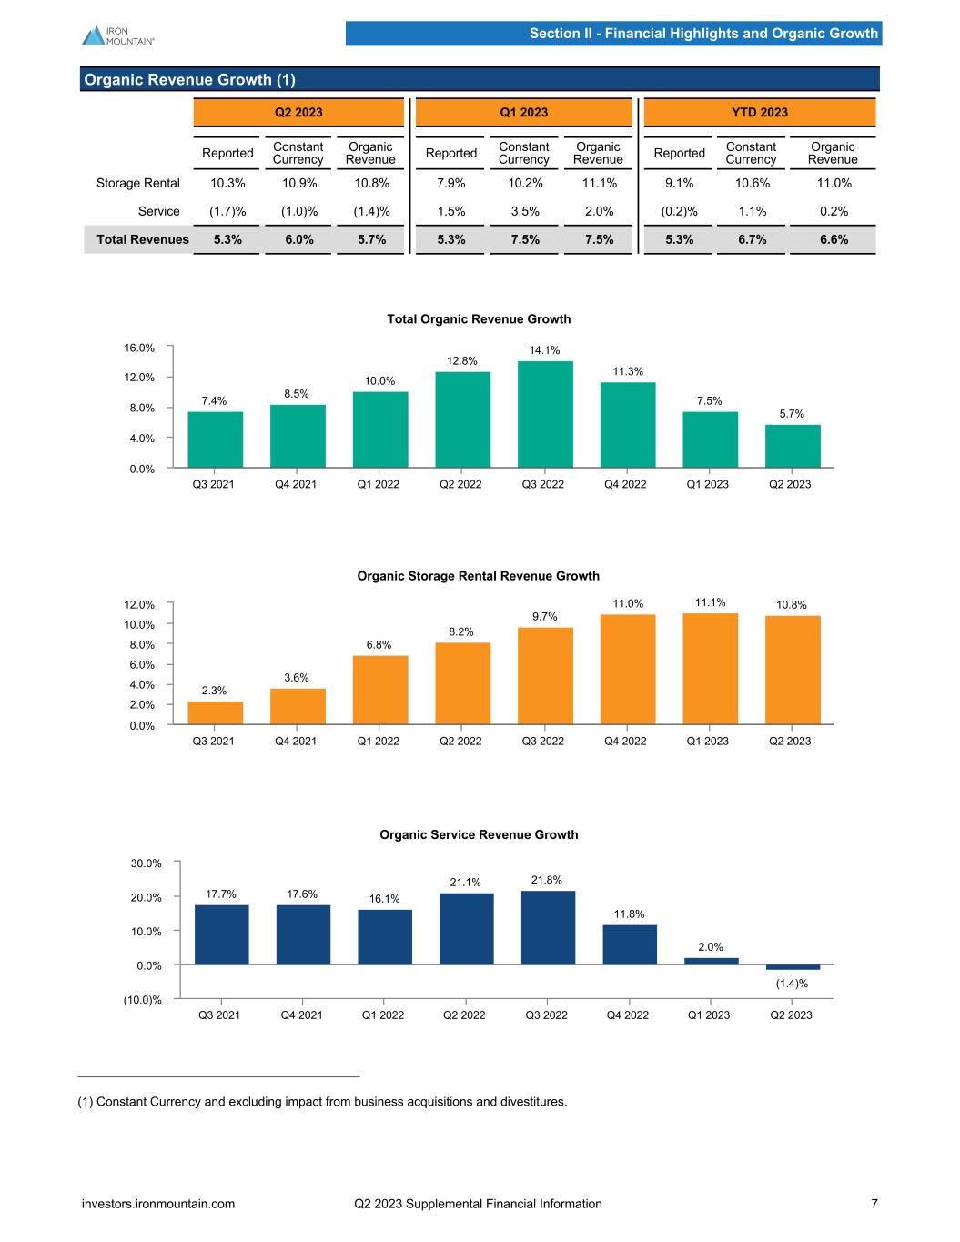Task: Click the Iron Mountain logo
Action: (117, 35)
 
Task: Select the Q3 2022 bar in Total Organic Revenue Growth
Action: (545, 414)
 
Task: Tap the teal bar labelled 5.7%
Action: (793, 446)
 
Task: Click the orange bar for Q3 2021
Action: (216, 712)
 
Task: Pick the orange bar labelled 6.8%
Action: (380, 690)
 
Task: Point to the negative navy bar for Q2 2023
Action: (793, 967)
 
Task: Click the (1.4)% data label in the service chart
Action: (792, 984)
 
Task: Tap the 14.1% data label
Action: (545, 350)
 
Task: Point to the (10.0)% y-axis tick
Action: (143, 1000)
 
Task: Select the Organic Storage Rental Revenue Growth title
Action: (478, 576)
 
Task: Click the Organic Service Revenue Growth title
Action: (479, 834)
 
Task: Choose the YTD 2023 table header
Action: (760, 113)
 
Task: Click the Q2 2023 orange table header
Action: (298, 113)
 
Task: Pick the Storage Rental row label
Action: (138, 183)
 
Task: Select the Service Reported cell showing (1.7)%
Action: (227, 211)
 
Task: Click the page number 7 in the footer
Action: (874, 1204)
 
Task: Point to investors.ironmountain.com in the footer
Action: (158, 1204)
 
